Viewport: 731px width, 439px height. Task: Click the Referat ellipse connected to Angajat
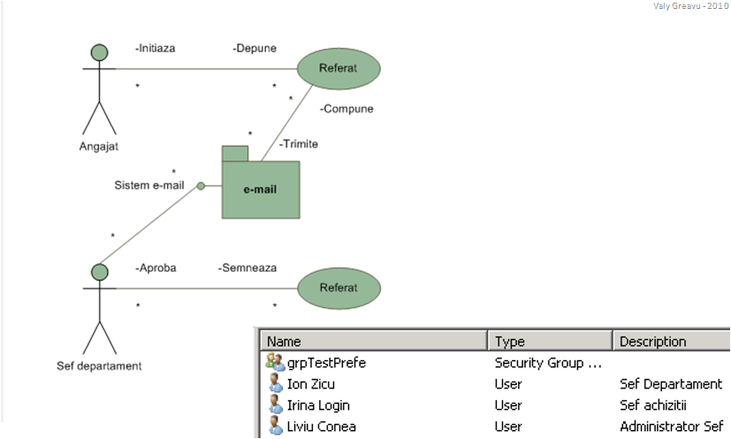(x=338, y=68)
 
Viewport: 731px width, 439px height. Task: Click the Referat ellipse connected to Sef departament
(x=338, y=288)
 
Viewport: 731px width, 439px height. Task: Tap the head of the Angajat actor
(x=99, y=51)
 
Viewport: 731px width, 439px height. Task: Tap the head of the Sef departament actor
(x=99, y=272)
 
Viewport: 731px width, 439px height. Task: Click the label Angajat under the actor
(x=98, y=146)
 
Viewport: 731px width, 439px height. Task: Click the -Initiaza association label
(x=155, y=48)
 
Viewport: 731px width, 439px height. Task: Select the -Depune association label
(x=254, y=48)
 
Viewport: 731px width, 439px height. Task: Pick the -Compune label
(x=346, y=109)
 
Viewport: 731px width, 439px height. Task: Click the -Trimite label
(x=298, y=143)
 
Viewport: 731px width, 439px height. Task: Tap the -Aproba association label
(x=155, y=267)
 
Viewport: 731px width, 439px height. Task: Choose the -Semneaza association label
(x=247, y=267)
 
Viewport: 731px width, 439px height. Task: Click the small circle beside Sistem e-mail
(x=202, y=186)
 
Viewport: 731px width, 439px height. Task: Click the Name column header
(x=285, y=342)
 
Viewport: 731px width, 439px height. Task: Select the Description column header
(x=652, y=342)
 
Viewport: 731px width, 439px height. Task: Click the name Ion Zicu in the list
(x=311, y=384)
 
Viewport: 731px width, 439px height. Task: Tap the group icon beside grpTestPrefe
(x=275, y=362)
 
